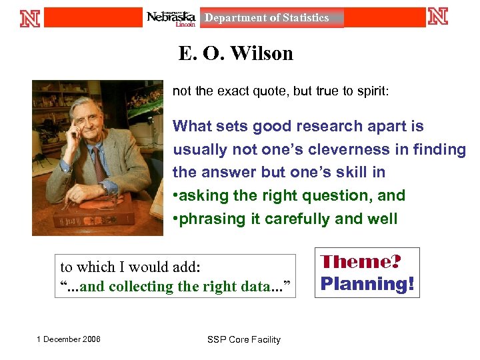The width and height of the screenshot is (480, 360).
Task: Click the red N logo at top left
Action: point(30,17)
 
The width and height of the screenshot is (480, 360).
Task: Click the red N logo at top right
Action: point(438,16)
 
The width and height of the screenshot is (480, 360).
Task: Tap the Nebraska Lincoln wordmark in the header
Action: point(171,18)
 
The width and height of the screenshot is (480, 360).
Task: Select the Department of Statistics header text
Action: point(267,18)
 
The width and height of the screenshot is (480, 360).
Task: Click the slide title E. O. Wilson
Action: point(235,53)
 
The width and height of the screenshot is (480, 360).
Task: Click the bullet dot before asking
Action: point(175,196)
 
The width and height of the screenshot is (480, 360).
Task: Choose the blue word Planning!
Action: point(367,284)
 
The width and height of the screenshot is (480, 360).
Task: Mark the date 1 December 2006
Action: point(69,339)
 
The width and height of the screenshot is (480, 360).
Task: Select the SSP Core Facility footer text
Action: point(244,339)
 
